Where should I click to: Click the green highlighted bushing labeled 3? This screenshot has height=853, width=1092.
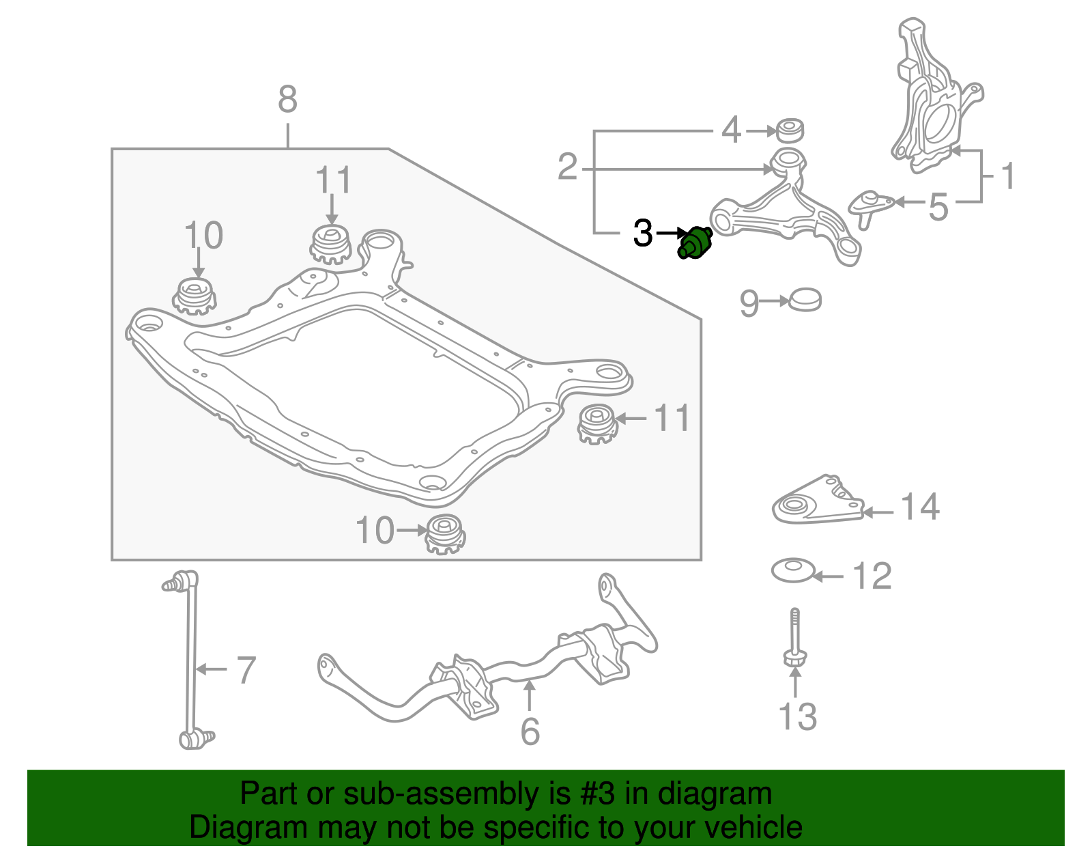point(695,243)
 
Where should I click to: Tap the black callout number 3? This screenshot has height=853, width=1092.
point(643,234)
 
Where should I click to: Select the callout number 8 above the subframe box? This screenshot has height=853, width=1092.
point(287,100)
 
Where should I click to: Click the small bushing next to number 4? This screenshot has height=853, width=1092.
point(790,130)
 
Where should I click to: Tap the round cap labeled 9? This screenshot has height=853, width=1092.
point(805,300)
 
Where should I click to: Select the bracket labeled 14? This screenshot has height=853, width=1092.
point(816,503)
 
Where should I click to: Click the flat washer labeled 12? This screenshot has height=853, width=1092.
point(793,570)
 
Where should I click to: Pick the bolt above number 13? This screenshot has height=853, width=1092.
point(794,639)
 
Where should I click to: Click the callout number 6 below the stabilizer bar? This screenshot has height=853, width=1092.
point(530,731)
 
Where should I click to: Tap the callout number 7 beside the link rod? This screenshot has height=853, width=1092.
point(246,670)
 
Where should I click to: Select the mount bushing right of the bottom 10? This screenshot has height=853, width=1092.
point(445,534)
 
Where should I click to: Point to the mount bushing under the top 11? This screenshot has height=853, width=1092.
point(331,244)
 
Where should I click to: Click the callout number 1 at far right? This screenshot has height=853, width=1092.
point(1007,176)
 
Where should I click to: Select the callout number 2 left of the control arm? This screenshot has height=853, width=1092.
point(568,167)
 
